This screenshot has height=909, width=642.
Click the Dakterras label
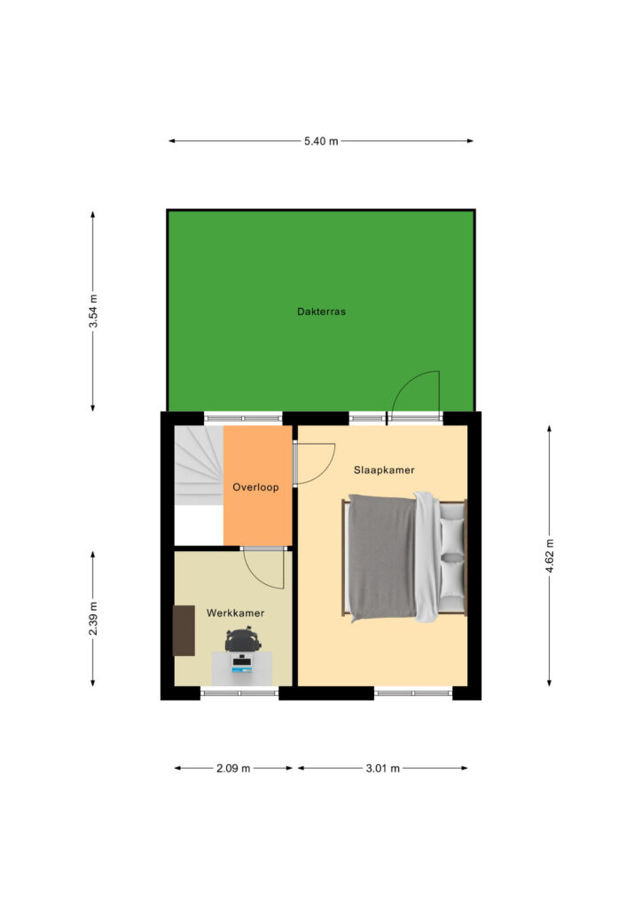pos(321,312)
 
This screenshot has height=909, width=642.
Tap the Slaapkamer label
pos(384,470)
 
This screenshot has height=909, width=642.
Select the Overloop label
pos(255,487)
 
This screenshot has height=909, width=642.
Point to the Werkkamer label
pos(235,613)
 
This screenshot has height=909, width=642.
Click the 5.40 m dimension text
pos(321,141)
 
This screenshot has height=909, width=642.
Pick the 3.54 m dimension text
pos(93,311)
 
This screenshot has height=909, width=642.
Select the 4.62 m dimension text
pos(550,556)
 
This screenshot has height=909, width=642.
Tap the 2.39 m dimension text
pos(93,618)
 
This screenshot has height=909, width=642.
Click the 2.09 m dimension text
pos(233,768)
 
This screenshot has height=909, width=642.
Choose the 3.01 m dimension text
pos(383,768)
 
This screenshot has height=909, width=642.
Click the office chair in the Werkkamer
pos(243,639)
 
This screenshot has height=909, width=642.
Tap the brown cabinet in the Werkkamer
pos(184,631)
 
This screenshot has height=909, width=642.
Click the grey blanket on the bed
pos(382,557)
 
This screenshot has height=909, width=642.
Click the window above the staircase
pos(243,418)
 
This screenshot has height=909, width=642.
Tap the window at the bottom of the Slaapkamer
pos(413,692)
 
